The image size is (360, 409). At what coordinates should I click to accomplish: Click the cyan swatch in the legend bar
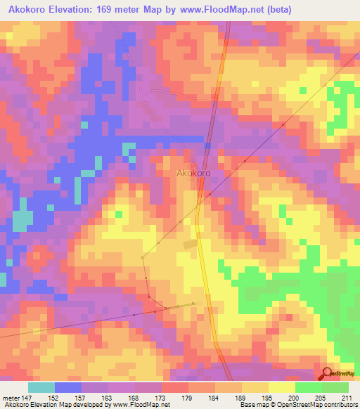(41, 387)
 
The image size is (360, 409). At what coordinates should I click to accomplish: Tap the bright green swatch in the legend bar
(308, 387)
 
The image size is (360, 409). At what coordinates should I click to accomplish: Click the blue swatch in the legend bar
(68, 387)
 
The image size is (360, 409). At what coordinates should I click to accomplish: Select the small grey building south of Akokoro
(190, 244)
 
